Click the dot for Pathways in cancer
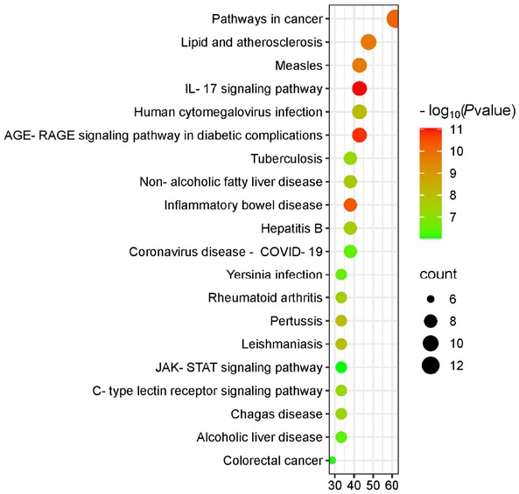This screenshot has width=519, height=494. [x=395, y=18]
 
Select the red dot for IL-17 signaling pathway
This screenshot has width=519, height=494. [x=359, y=88]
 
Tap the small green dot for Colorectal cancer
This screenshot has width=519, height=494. [x=332, y=460]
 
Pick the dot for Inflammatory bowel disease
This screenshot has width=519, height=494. [x=350, y=205]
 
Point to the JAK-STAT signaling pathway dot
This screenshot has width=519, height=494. [x=341, y=367]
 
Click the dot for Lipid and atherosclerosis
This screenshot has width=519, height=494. [x=368, y=42]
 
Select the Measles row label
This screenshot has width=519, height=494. [x=298, y=66]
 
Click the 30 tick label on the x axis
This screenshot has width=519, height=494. [x=335, y=483]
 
